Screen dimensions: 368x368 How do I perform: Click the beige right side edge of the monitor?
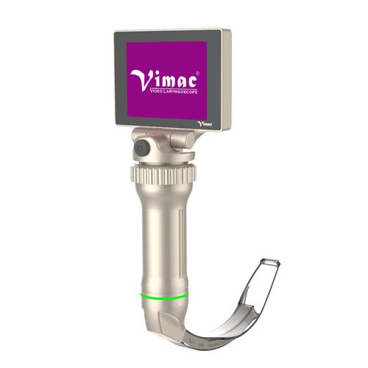point(227,81)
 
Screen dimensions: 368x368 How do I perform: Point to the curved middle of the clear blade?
point(243,309)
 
